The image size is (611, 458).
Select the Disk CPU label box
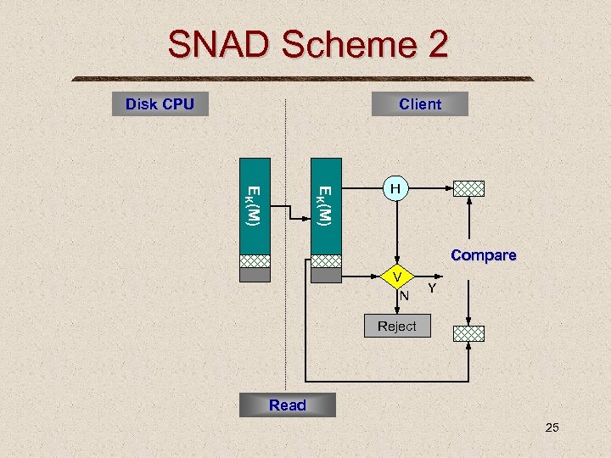160,104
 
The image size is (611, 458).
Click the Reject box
396,327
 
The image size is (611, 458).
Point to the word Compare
483,255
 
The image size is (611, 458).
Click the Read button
287,405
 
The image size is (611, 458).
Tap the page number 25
552,427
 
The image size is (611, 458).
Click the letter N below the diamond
405,296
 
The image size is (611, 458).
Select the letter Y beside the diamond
432,289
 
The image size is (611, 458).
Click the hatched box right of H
468,188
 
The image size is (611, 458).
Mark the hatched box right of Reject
468,333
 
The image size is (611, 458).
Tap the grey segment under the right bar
326,275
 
